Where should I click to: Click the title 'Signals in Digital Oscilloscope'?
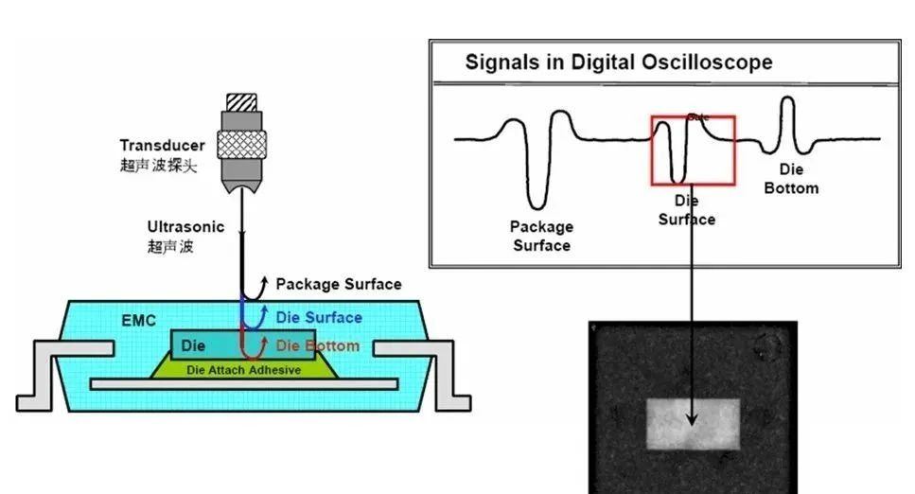(x=618, y=63)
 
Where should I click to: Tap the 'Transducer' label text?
(x=162, y=145)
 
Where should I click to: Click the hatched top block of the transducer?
(x=241, y=101)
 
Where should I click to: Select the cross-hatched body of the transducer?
(x=241, y=142)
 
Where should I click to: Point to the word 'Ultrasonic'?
(x=185, y=227)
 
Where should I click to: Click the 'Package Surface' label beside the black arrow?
(x=338, y=284)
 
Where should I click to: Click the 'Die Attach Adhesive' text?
(x=243, y=370)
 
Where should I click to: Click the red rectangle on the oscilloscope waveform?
(x=692, y=150)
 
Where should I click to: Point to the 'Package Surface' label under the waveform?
(x=541, y=236)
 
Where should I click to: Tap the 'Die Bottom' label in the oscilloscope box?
(x=791, y=179)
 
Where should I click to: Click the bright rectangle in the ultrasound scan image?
(x=692, y=423)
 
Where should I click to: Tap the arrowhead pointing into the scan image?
(x=692, y=419)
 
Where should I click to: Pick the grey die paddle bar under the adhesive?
(x=243, y=384)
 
